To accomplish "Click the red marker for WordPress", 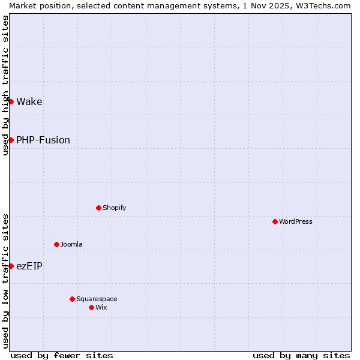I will pos(275,221).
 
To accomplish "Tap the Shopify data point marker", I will pos(98,208).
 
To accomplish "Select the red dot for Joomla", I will pos(56,244).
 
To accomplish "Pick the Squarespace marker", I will pos(72,299).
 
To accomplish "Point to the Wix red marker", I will pos(91,307).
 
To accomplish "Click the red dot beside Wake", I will pos(11,101).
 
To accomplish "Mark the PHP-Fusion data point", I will pos(11,140).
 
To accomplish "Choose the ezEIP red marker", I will pos(11,266).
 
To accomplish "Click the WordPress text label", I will pos(296,221).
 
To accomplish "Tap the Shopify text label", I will pos(115,208).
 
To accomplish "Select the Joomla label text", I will pos(71,244).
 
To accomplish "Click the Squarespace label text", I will pos(97,299).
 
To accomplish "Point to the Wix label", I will pos(101,307).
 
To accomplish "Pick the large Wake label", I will pos(29,101).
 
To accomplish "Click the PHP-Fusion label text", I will pos(43,140).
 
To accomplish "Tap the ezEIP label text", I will pos(29,266).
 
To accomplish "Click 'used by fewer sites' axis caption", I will pos(62,355).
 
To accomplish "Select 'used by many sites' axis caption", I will pos(301,355).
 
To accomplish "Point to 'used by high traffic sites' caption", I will pos(5,86).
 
